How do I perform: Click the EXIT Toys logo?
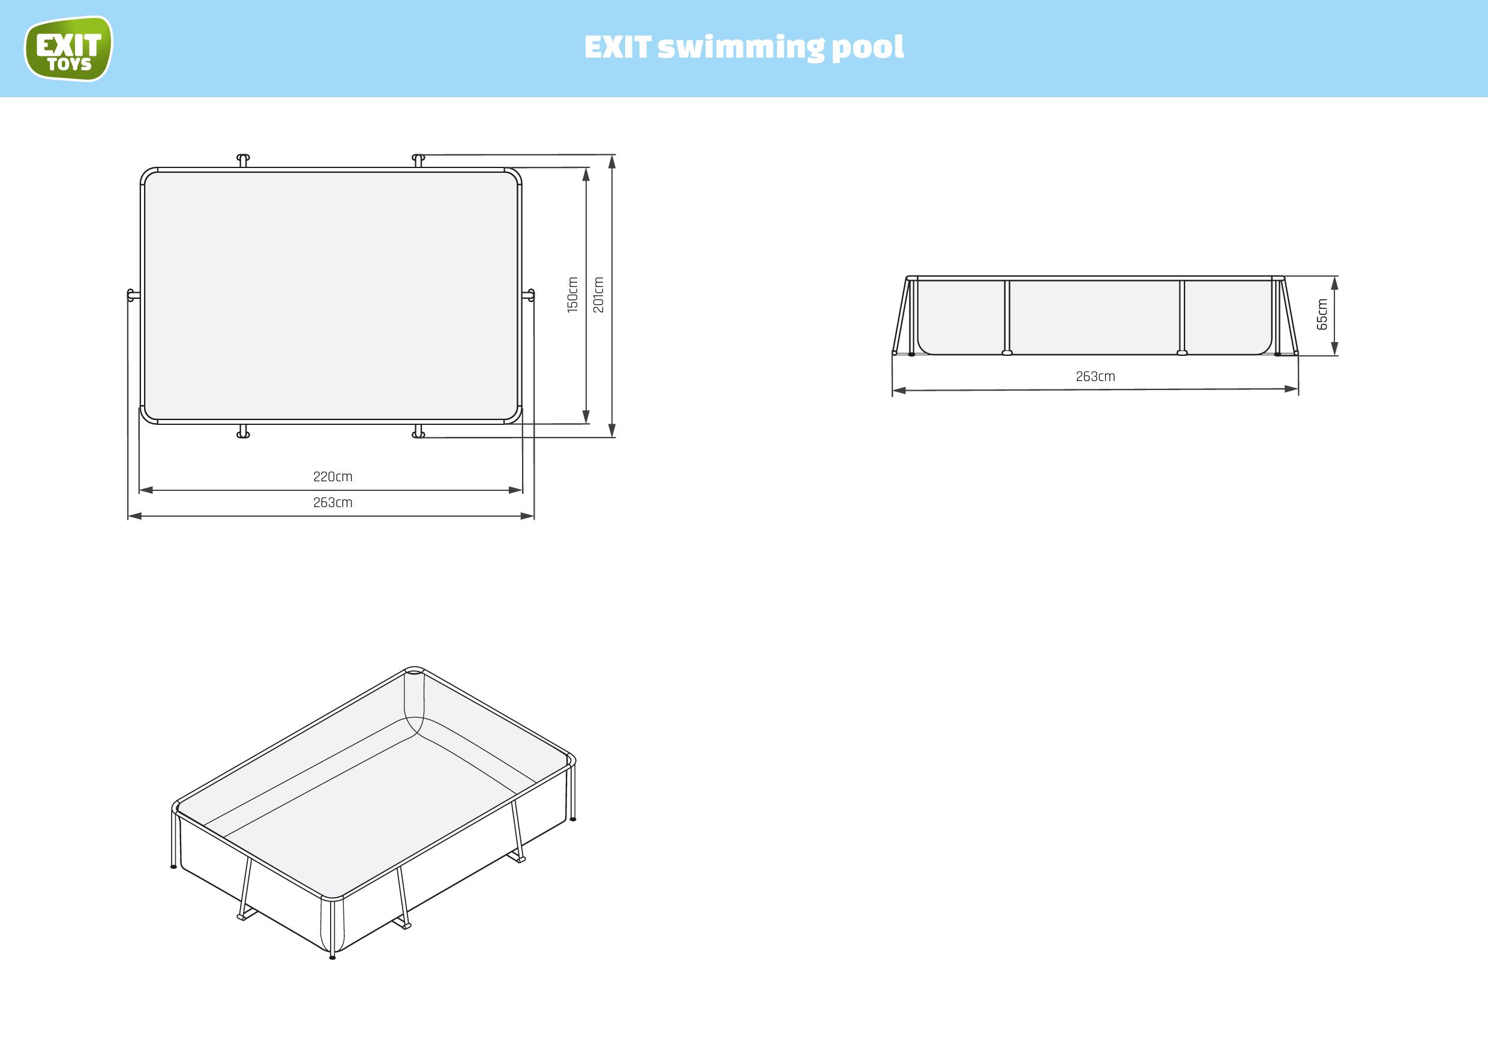pos(68,49)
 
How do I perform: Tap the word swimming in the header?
pos(741,47)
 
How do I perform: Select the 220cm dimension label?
pos(332,477)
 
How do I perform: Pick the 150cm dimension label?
pos(572,295)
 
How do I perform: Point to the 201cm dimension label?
pos(598,295)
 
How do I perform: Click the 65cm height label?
pos(1322,314)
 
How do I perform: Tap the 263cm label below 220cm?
pos(332,503)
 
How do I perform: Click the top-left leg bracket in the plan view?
pos(243,160)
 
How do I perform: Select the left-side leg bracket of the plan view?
pos(132,296)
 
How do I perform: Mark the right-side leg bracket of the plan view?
pos(529,296)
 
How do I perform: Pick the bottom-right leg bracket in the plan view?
pos(419,431)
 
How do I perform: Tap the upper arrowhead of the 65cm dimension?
pos(1334,283)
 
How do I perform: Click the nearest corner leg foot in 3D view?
pos(332,955)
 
